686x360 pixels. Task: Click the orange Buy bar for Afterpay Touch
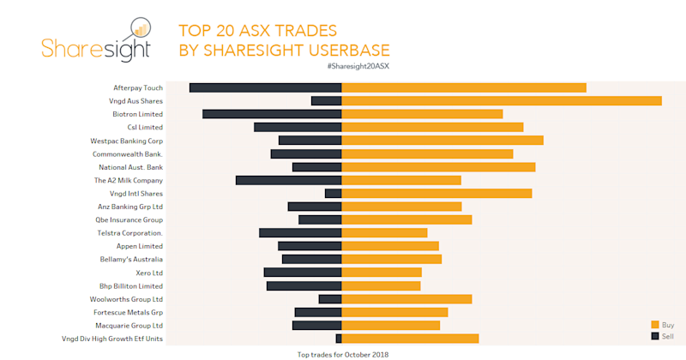[x=464, y=87]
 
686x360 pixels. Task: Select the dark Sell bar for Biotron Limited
[x=272, y=114]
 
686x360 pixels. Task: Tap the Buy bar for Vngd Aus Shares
[x=502, y=101]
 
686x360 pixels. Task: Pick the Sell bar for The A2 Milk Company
[x=288, y=180]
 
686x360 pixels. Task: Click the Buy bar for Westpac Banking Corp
[x=442, y=141]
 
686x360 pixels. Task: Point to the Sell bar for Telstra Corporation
[x=300, y=233]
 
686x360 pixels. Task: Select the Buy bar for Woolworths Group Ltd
[x=407, y=299]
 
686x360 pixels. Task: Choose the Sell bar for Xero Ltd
[x=303, y=273]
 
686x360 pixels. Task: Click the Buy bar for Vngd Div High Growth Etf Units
[x=410, y=339]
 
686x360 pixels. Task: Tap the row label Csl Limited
[x=145, y=128]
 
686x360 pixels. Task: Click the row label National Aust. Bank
[x=130, y=167]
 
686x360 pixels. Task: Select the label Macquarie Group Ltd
[x=129, y=326]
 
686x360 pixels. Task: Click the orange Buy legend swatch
[x=655, y=325]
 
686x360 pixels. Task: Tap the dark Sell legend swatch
[x=655, y=335]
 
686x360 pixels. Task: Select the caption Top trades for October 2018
[x=343, y=354]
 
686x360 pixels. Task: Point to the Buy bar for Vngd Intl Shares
[x=436, y=194]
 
